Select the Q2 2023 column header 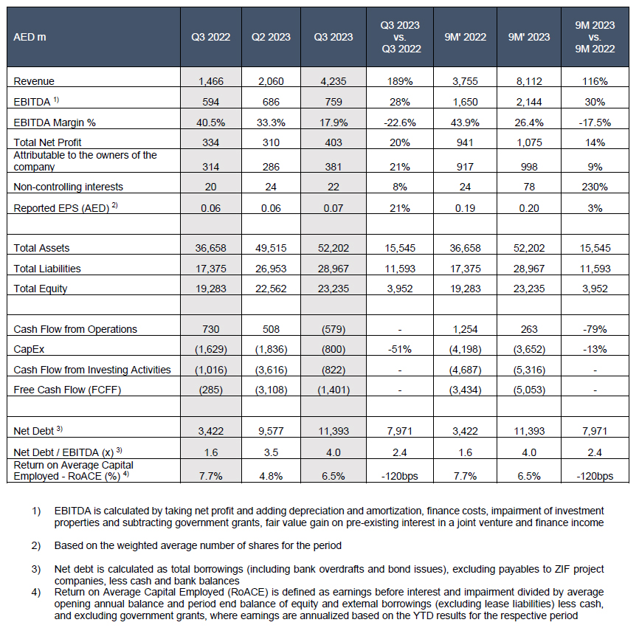coord(271,37)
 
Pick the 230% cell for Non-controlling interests coord(595,187)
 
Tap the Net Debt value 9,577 coord(271,430)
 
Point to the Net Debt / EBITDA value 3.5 coord(271,452)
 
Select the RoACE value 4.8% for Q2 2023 coord(271,476)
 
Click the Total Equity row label coord(41,289)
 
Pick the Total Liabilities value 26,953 coord(271,269)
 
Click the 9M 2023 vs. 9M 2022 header coord(595,37)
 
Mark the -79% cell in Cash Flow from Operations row coord(595,329)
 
